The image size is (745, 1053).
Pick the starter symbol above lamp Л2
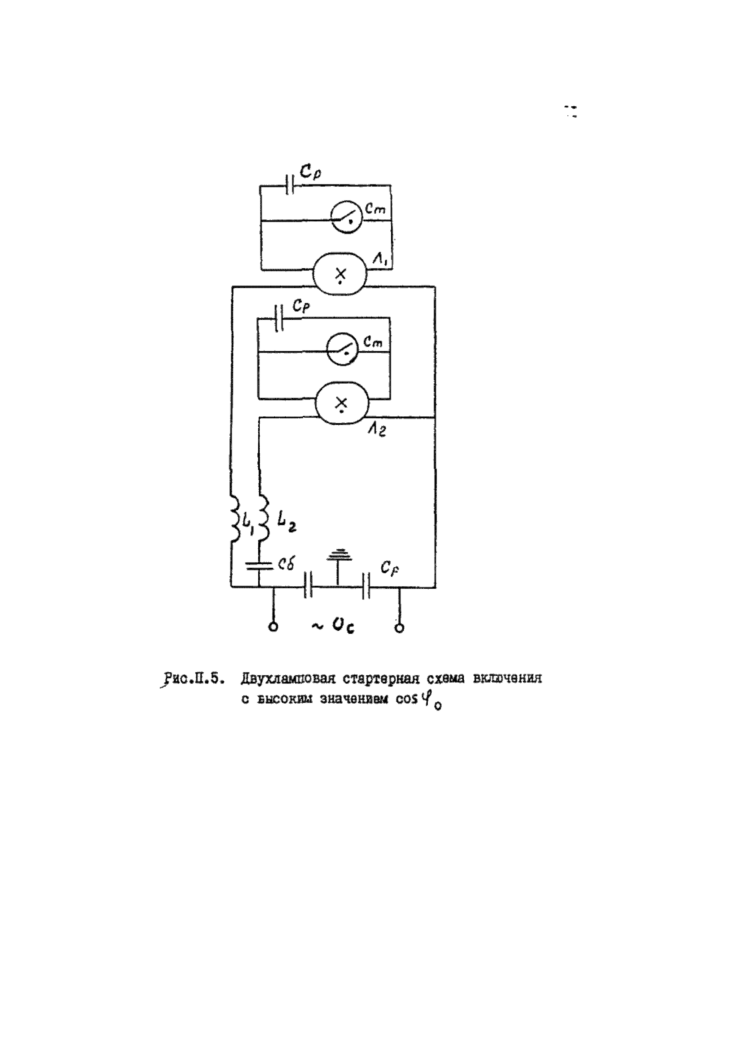(342, 349)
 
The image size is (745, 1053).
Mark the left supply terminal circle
(274, 627)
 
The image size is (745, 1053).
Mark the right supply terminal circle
(400, 627)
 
